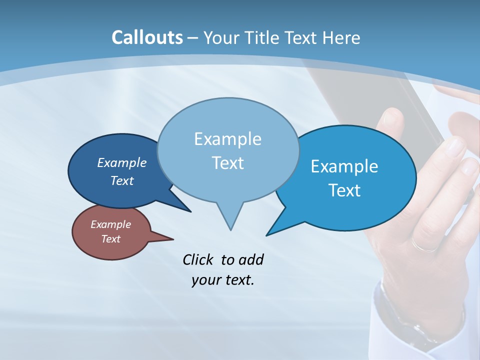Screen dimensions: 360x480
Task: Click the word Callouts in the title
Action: pos(147,37)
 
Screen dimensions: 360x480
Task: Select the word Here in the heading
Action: pos(342,37)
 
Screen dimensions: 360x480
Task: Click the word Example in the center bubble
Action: pos(227,139)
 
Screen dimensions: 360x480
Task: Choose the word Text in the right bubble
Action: pos(344,190)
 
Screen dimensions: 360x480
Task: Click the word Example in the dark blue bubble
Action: pos(121,162)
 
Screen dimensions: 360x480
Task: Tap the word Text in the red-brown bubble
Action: pos(110,239)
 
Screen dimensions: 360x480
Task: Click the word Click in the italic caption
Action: pos(197,259)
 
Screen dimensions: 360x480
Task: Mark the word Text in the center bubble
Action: pos(227,163)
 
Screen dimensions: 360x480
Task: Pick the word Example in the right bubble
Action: pos(344,166)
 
